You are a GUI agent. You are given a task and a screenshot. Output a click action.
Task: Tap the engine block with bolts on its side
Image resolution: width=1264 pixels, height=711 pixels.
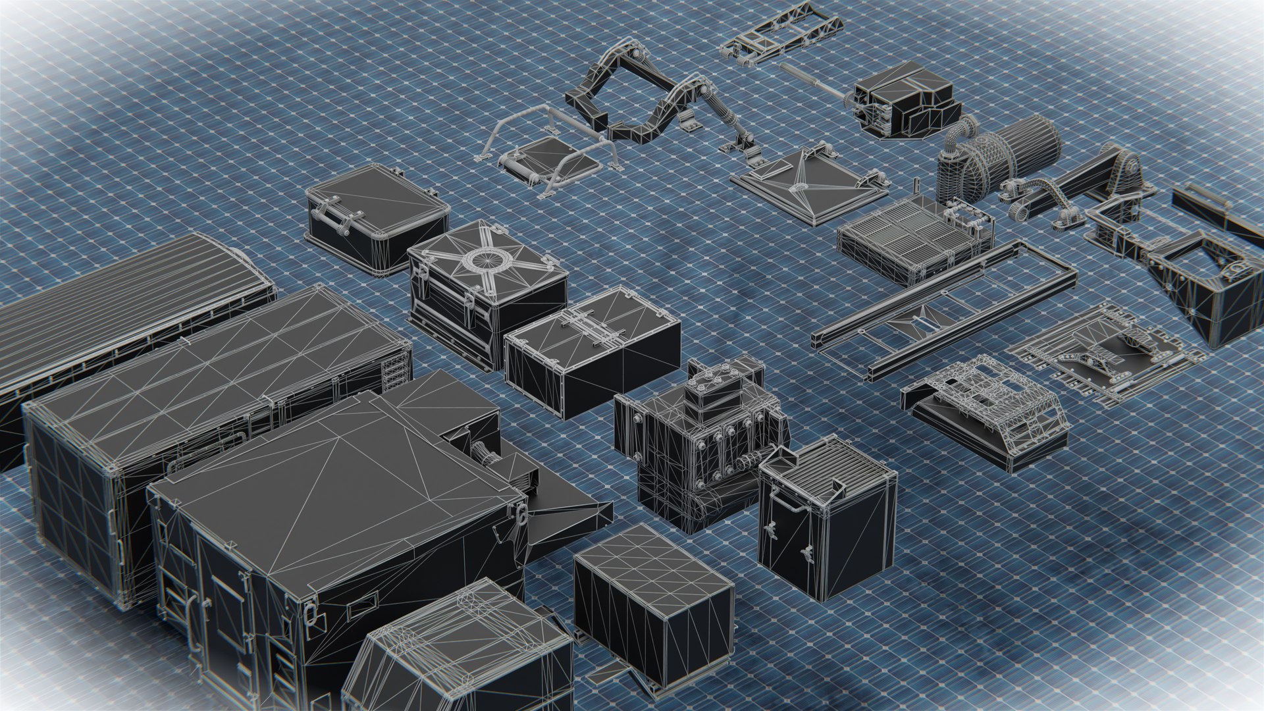click(704, 441)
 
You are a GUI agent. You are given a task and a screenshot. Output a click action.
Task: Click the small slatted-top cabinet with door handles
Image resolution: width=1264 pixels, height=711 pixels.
click(826, 520)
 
